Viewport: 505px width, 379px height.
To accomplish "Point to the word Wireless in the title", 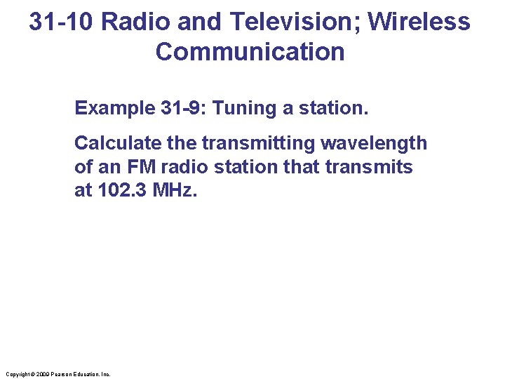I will click(x=419, y=22).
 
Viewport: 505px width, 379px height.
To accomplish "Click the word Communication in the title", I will click(x=250, y=52).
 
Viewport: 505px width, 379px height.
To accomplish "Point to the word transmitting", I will click(x=259, y=143).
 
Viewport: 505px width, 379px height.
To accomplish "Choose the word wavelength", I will click(x=374, y=143).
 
